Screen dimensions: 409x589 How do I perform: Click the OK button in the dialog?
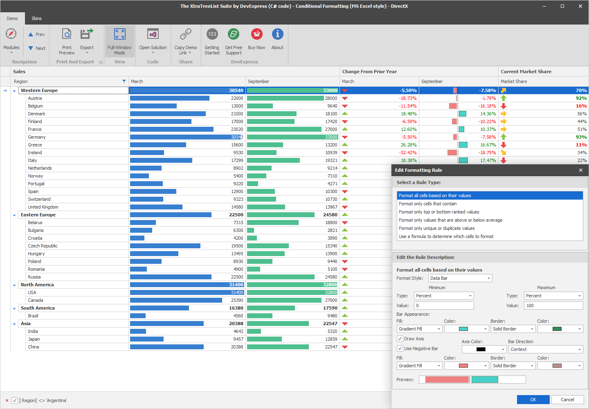[533, 400]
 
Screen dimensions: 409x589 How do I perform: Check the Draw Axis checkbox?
[400, 339]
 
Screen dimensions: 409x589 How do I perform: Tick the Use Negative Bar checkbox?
[400, 348]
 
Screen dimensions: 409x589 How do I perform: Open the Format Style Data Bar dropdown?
[460, 278]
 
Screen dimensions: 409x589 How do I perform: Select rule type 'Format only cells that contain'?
[428, 204]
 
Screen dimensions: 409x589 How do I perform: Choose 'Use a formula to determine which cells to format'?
[446, 236]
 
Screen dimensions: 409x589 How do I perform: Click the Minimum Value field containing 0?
[444, 306]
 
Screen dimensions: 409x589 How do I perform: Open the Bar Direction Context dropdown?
[546, 349]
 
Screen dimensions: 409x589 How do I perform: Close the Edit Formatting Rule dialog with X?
[581, 170]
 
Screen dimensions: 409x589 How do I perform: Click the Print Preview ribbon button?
[67, 41]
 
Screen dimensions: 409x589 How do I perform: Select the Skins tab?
[36, 18]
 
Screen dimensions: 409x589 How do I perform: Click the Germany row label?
[37, 137]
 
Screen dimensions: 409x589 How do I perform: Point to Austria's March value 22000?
[237, 98]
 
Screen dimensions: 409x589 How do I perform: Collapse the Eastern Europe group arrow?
[14, 215]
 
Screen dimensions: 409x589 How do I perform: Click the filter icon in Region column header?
[124, 81]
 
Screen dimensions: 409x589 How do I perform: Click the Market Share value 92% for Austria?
[581, 98]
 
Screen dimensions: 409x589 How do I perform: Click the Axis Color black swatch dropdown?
[484, 349]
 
